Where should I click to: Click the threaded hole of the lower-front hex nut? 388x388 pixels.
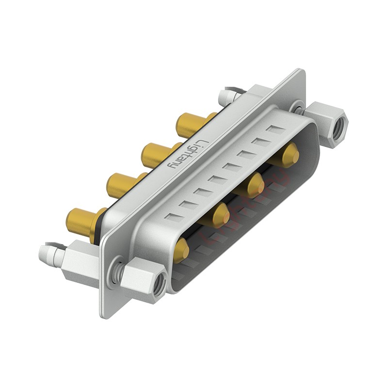[x=158, y=290]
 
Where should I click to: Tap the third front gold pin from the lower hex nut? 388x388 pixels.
[x=254, y=185]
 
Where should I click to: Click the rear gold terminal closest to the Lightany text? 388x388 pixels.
[x=156, y=154]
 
